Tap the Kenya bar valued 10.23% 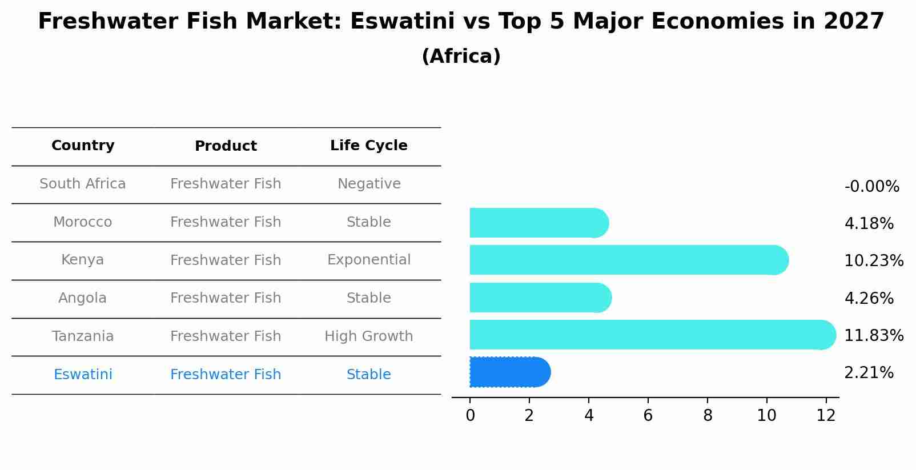[628, 260]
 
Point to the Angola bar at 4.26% [540, 298]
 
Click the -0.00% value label [871, 187]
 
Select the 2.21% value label [869, 373]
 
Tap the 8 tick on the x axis [708, 416]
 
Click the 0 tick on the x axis [470, 416]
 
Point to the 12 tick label [826, 416]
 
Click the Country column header [83, 146]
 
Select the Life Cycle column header [368, 146]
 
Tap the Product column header [226, 146]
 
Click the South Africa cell [83, 184]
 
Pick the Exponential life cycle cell [368, 260]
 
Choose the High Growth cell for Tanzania [368, 336]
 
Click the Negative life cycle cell [368, 184]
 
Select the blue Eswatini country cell [83, 375]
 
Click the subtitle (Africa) [461, 57]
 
